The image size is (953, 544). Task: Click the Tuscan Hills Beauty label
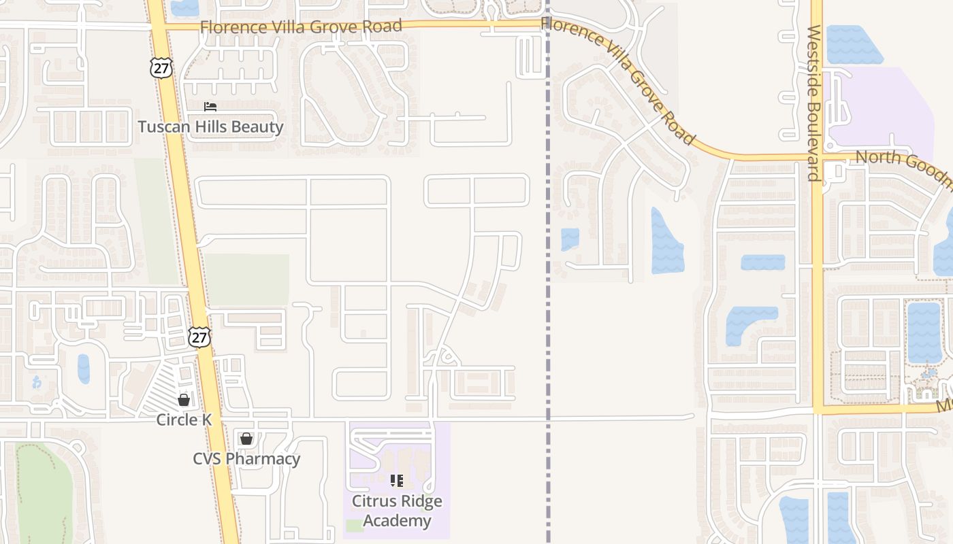[210, 126]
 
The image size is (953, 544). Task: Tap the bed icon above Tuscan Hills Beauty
[210, 107]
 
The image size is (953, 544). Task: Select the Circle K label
[184, 420]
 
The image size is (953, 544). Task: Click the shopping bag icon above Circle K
[184, 399]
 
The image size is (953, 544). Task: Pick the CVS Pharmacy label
[246, 458]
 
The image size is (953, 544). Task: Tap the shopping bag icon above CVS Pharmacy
[246, 439]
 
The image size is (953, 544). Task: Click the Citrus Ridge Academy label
[397, 511]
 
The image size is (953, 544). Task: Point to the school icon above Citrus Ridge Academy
[397, 481]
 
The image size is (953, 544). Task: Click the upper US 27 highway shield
[162, 67]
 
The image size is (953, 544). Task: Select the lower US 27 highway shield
[199, 336]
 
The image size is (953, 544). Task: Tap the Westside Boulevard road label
[814, 102]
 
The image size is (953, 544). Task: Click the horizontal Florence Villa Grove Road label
[301, 27]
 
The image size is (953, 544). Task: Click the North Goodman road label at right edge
[902, 167]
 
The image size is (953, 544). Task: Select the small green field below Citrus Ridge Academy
[354, 525]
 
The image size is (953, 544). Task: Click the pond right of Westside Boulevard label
[854, 45]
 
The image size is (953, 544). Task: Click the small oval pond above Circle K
[84, 369]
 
